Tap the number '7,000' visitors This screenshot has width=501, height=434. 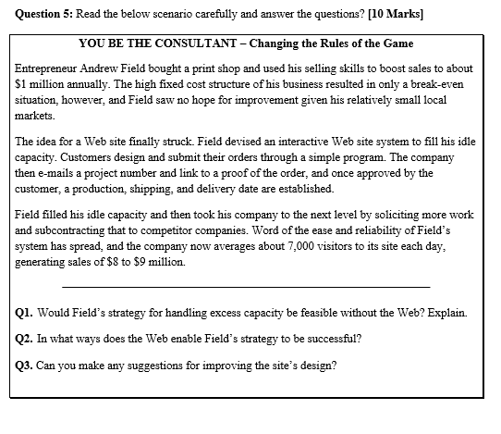[x=322, y=246]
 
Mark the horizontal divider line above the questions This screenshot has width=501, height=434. [x=250, y=284]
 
